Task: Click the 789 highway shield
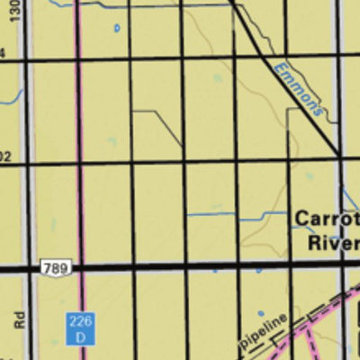(x=54, y=268)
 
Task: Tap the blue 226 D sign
(x=79, y=327)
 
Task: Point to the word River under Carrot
(x=333, y=242)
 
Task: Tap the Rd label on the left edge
(x=18, y=319)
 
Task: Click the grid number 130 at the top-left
(x=15, y=12)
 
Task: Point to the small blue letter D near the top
(x=116, y=29)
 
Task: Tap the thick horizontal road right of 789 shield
(x=180, y=267)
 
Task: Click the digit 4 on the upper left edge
(x=3, y=54)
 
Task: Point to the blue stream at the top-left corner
(x=54, y=4)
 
